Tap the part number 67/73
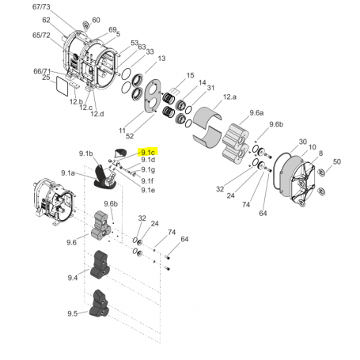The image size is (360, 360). (41, 6)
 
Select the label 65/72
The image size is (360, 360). (41, 36)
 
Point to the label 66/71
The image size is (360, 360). (43, 70)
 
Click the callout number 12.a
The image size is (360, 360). (229, 96)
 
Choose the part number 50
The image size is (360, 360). (336, 161)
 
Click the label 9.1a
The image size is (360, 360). (68, 172)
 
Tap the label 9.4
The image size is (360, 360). (73, 277)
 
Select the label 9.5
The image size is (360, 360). (73, 313)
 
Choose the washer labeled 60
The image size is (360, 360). (85, 21)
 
